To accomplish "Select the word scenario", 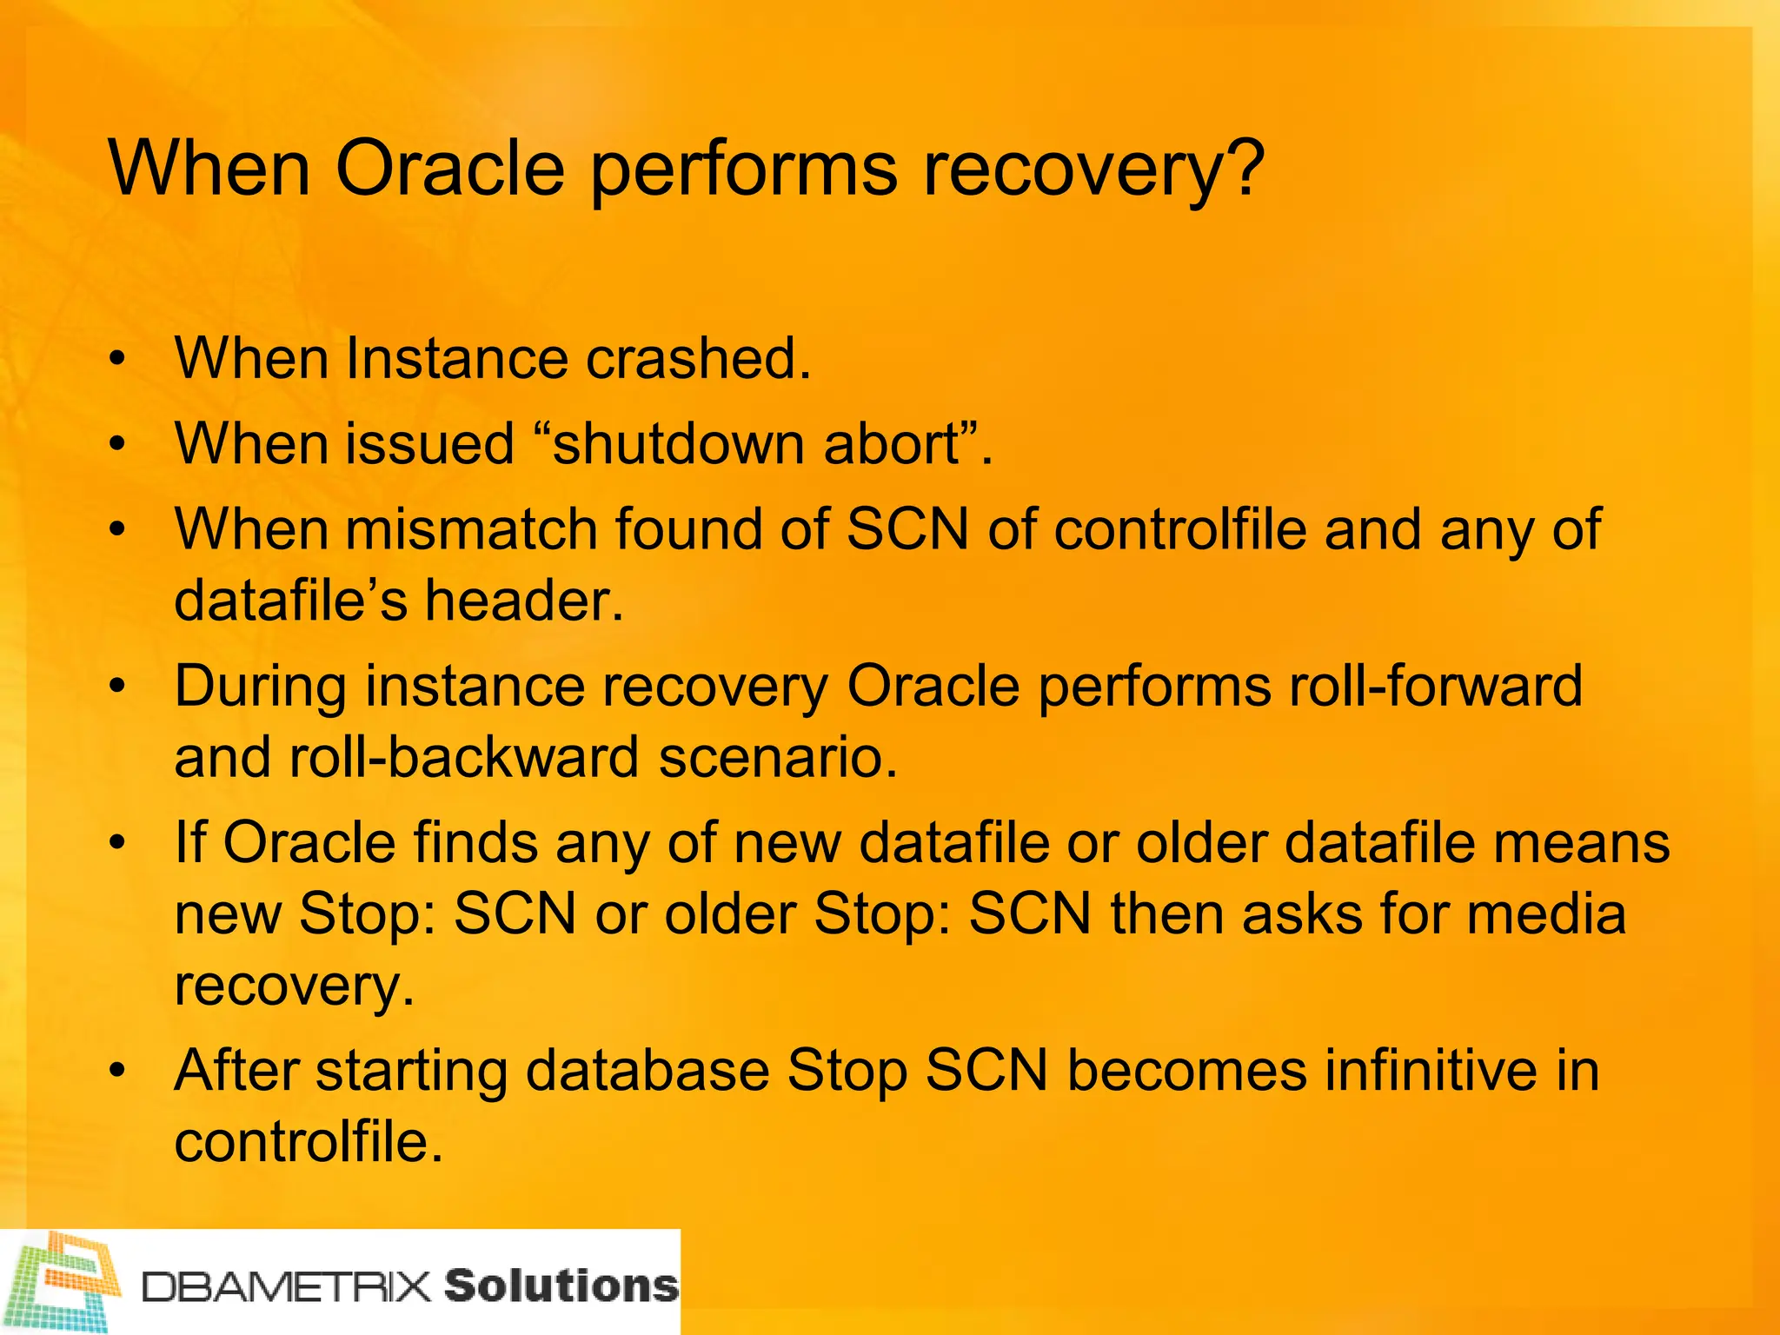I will [778, 757].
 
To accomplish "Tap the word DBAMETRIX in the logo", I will [287, 1287].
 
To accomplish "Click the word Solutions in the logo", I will [561, 1285].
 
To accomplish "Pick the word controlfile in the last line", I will [309, 1141].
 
